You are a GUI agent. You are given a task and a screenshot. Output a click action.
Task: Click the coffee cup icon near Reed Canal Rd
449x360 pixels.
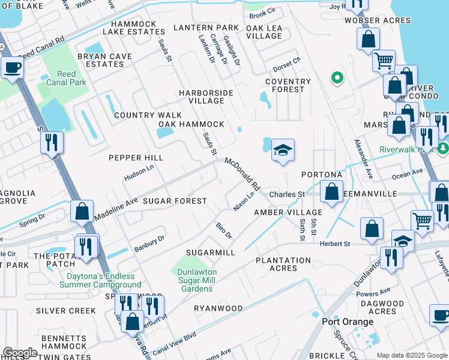click(12, 67)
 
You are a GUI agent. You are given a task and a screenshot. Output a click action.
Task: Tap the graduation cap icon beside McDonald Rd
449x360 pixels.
click(283, 150)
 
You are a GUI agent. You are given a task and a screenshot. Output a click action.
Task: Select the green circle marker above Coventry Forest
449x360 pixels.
click(337, 77)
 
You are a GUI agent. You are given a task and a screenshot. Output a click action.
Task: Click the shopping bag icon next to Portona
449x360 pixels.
click(331, 191)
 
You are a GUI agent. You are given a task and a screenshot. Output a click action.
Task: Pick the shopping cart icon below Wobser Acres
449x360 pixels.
click(384, 59)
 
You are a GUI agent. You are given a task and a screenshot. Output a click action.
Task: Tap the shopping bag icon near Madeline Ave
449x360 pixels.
click(82, 211)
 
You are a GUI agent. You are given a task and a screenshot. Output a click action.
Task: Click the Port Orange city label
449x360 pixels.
click(348, 321)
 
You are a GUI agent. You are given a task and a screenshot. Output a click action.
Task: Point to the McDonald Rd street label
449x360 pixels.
click(242, 172)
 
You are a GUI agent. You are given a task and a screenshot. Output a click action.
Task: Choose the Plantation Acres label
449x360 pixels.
click(283, 264)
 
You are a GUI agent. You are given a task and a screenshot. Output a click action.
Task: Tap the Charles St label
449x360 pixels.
click(287, 194)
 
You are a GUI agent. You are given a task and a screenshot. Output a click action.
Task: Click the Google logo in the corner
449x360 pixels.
click(20, 353)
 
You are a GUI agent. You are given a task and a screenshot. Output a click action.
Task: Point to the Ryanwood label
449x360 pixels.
click(218, 308)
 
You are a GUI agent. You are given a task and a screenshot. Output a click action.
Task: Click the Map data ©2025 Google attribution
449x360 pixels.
click(412, 355)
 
